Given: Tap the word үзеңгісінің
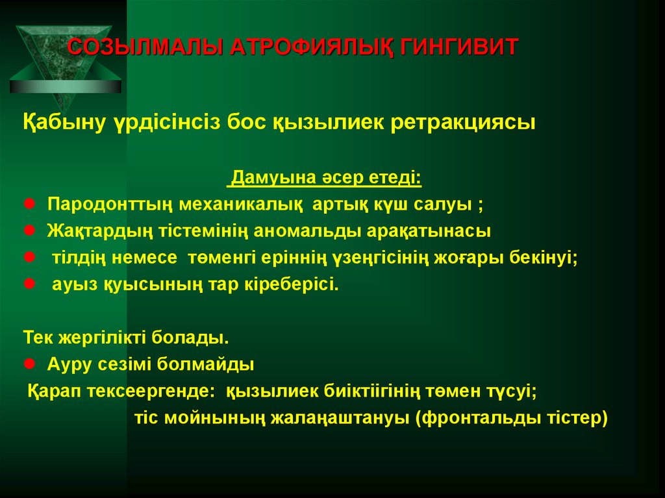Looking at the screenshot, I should coord(382,258).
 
